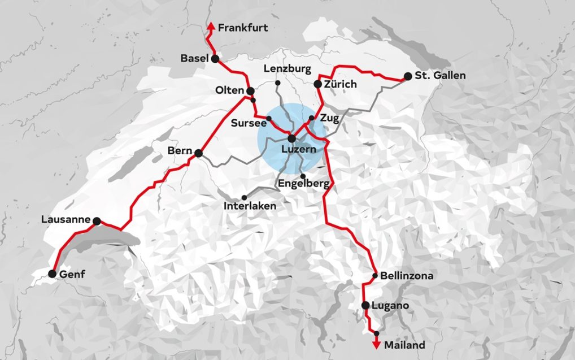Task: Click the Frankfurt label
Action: point(243,27)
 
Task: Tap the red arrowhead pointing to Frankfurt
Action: point(210,26)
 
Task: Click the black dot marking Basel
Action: point(215,58)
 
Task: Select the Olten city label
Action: point(229,90)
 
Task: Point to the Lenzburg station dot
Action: point(278,83)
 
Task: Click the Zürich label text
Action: point(341,84)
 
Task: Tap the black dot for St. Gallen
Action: point(408,76)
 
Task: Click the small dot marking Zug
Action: point(311,118)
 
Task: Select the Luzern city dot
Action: point(291,138)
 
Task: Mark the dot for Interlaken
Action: point(244,197)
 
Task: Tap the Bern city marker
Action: point(198,153)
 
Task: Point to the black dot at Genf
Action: point(52,274)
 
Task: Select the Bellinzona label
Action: point(407,276)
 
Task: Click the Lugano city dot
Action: point(365,306)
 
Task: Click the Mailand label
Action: point(404,344)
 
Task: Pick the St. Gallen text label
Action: point(440,76)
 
